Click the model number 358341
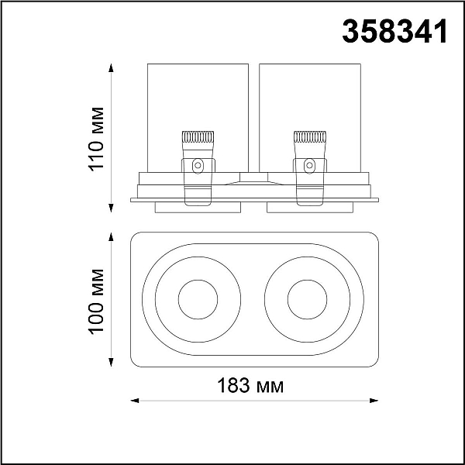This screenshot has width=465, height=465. [394, 31]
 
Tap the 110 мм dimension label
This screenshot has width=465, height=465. [96, 139]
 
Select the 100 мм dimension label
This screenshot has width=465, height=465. [96, 301]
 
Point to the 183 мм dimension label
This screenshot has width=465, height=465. [250, 385]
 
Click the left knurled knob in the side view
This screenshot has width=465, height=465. [198, 136]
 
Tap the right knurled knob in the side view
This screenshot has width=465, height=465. [310, 136]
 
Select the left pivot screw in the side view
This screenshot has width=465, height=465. [198, 166]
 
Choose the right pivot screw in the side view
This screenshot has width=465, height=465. [309, 166]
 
